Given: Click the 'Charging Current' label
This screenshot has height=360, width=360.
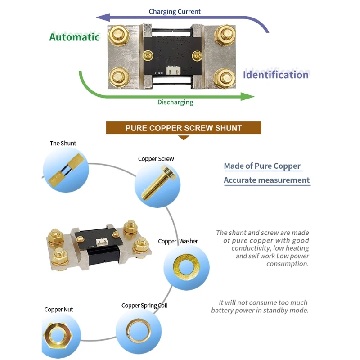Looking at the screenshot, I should [x=175, y=11].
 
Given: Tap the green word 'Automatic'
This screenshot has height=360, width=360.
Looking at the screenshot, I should [x=74, y=37].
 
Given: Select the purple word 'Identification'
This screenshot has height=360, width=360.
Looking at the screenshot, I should [x=276, y=75].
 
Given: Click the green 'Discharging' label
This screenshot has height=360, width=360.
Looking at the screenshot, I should [x=175, y=102].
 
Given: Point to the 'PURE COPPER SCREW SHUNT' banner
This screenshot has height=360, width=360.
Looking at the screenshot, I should [x=184, y=128].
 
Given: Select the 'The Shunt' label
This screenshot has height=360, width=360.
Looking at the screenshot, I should [x=63, y=143].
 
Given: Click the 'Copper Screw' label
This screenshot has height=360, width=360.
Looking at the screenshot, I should [x=156, y=159].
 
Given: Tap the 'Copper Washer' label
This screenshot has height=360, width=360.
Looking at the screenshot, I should [x=178, y=241].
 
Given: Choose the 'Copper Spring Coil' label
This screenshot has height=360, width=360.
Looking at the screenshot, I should [x=144, y=306].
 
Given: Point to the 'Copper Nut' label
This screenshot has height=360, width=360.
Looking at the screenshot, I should [x=58, y=310].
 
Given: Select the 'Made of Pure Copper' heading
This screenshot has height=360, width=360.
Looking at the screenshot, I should [x=262, y=166].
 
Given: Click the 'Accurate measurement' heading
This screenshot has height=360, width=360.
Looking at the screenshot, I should [x=267, y=180].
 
